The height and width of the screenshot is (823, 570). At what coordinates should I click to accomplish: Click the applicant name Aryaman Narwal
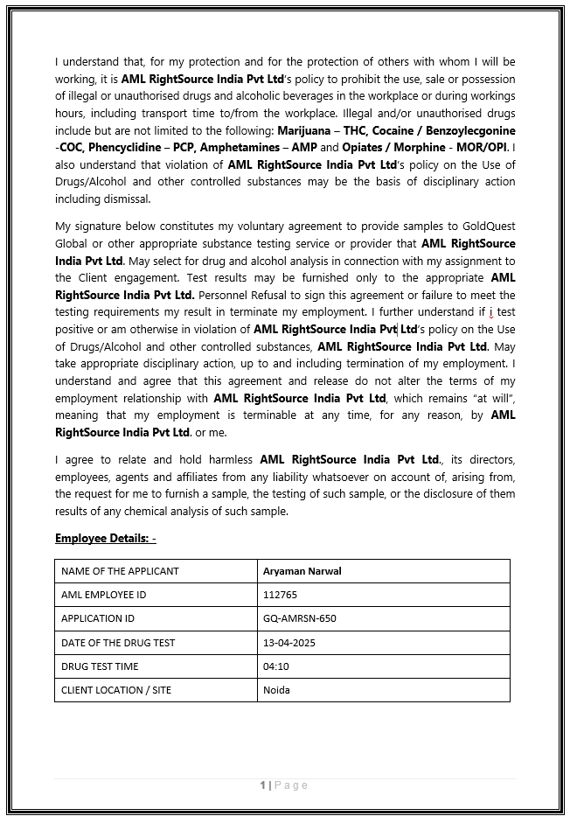pos(302,571)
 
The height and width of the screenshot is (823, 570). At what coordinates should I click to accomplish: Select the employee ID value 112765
pos(280,595)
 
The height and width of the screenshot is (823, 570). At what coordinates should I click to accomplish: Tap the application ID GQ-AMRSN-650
pos(299,618)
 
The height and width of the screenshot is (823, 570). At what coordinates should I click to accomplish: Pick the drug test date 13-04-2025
pos(288,643)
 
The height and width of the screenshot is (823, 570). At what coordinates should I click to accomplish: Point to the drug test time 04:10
pos(275,666)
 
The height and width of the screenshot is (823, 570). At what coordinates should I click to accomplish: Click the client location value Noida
pos(276,690)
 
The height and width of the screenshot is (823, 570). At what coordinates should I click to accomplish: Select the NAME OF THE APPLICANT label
pos(120,571)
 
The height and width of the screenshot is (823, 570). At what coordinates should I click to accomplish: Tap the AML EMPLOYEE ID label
pos(103,595)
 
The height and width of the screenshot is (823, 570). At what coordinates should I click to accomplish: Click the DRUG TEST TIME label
pos(100,666)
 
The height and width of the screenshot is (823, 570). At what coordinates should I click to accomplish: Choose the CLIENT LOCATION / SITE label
pos(116,690)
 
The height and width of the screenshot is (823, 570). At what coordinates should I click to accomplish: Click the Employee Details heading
pos(105,538)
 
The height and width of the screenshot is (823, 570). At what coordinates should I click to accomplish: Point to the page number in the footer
pos(262,785)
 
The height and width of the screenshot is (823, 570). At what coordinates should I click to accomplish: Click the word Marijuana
pos(306,130)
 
